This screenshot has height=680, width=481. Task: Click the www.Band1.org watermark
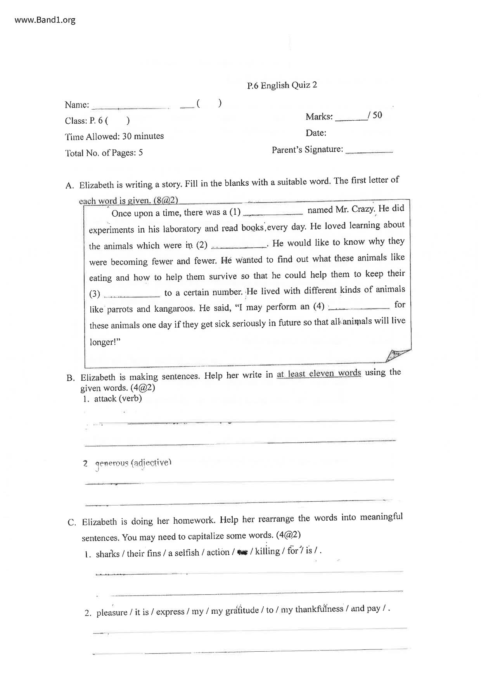pos(45,20)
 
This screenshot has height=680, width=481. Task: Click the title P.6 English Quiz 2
pos(282,85)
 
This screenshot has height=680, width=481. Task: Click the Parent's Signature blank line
pos(369,152)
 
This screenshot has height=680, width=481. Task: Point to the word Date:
pos(316,133)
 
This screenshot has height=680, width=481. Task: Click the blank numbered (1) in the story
pos(274,213)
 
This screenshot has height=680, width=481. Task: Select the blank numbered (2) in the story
pos(239,246)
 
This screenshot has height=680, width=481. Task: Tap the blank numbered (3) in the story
pos(132,295)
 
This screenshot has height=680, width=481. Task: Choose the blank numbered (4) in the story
pos(359,307)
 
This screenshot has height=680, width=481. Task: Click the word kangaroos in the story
pos(174,309)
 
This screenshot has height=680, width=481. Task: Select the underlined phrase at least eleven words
pos(318,374)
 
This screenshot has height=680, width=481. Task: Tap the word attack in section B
pos(105,399)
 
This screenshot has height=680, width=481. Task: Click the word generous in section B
pos(112,463)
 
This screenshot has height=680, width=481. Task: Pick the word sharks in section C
pos(107,554)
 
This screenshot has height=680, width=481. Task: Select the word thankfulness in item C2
pos(319,609)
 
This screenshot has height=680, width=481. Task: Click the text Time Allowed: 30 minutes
pos(114,136)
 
